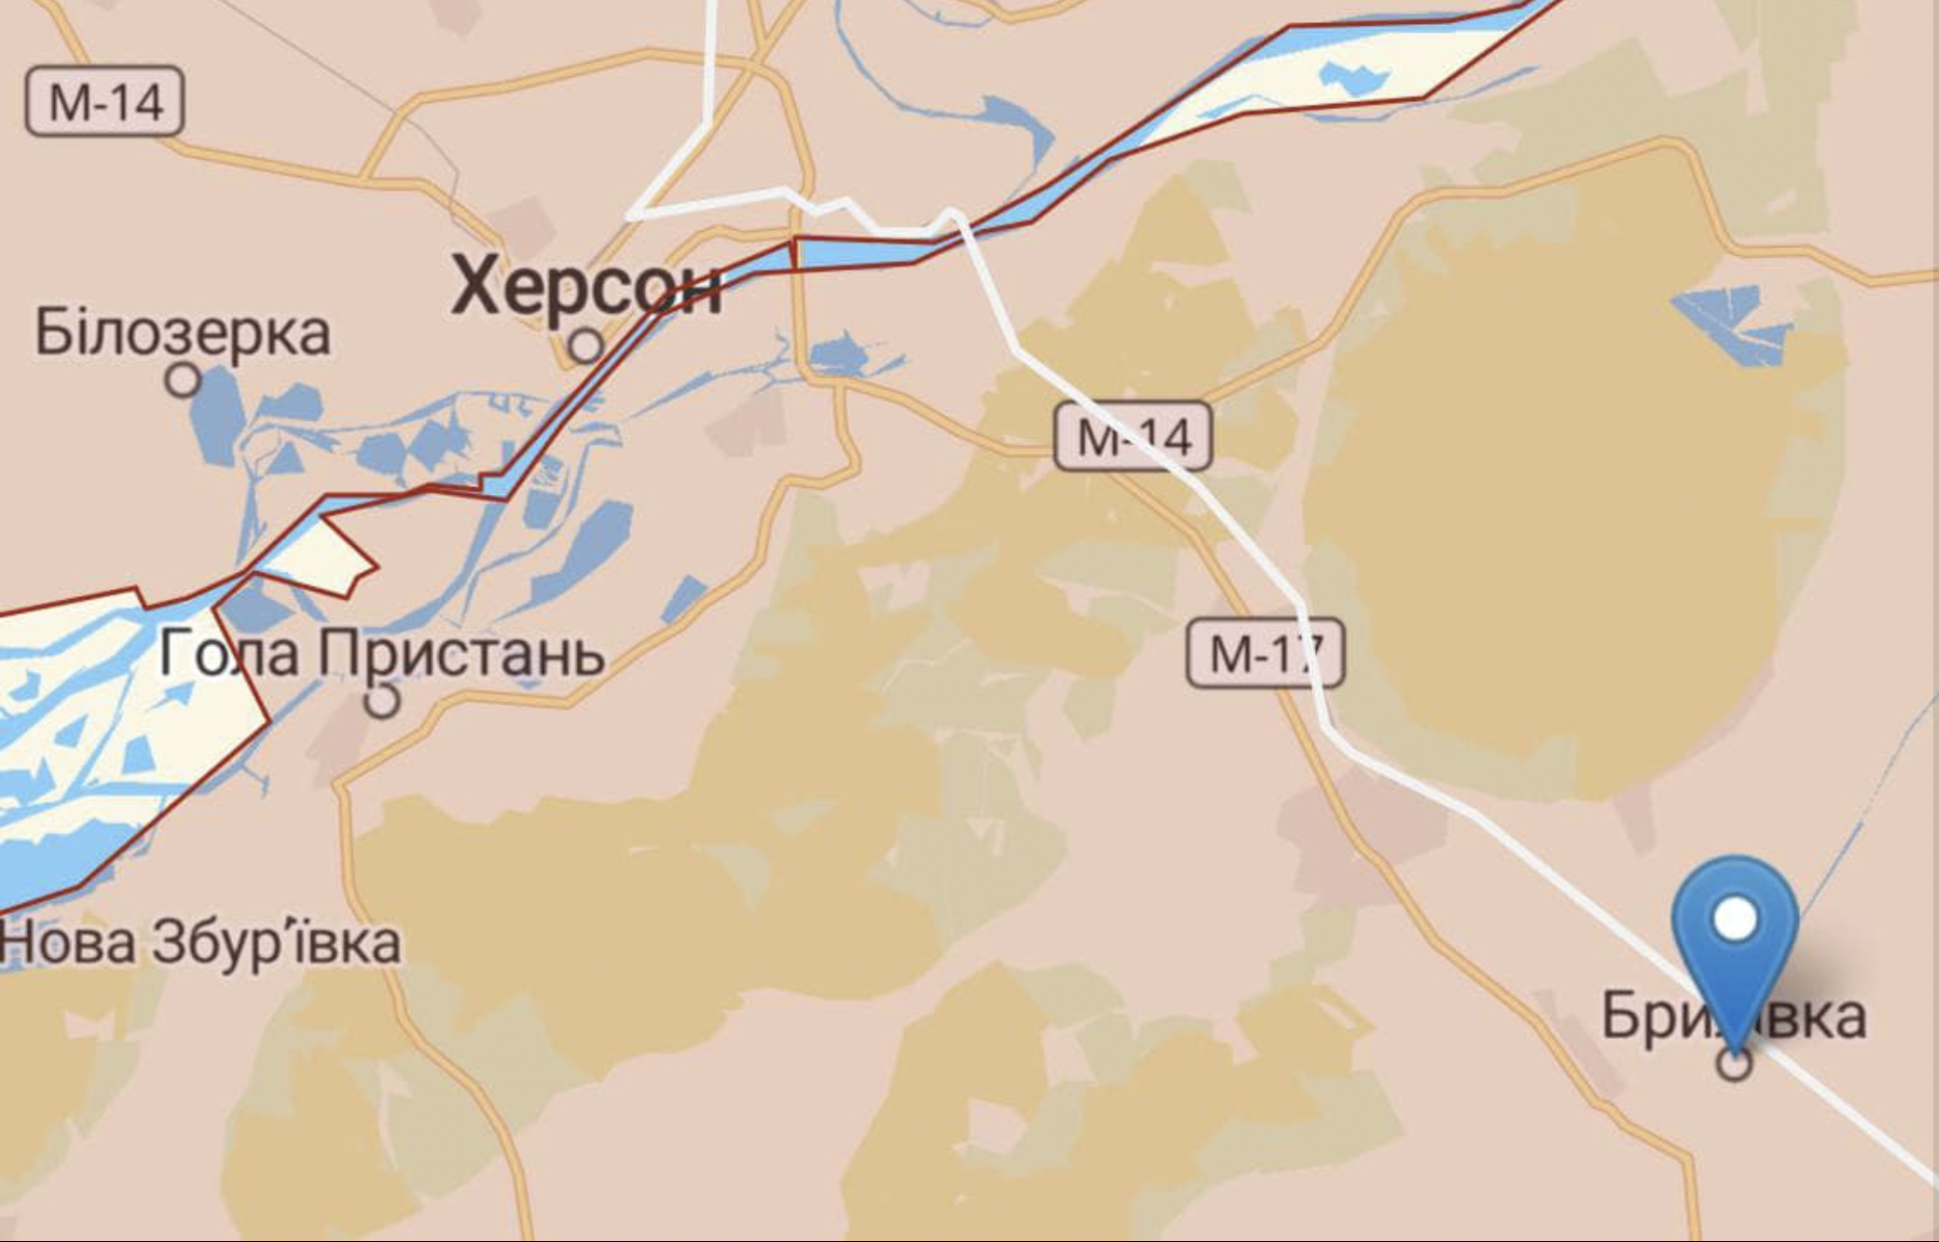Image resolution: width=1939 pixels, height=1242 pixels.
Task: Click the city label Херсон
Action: pyautogui.click(x=586, y=286)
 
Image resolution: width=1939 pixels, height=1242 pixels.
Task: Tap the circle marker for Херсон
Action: pyautogui.click(x=585, y=346)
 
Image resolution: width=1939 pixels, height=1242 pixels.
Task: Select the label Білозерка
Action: pyautogui.click(x=183, y=332)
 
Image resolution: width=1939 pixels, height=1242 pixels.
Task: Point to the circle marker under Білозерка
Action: pyautogui.click(x=183, y=380)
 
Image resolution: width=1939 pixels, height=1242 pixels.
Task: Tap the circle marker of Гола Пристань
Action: pyautogui.click(x=383, y=700)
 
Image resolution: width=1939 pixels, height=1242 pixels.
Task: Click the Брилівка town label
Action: pyautogui.click(x=1733, y=1016)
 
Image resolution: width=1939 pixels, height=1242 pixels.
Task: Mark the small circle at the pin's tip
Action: pyautogui.click(x=1735, y=1064)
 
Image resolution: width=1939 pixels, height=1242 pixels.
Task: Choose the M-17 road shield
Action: pyautogui.click(x=1264, y=654)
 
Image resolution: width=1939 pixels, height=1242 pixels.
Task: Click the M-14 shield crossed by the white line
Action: pyautogui.click(x=1132, y=436)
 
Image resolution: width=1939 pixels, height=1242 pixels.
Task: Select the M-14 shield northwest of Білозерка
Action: pyautogui.click(x=105, y=100)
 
